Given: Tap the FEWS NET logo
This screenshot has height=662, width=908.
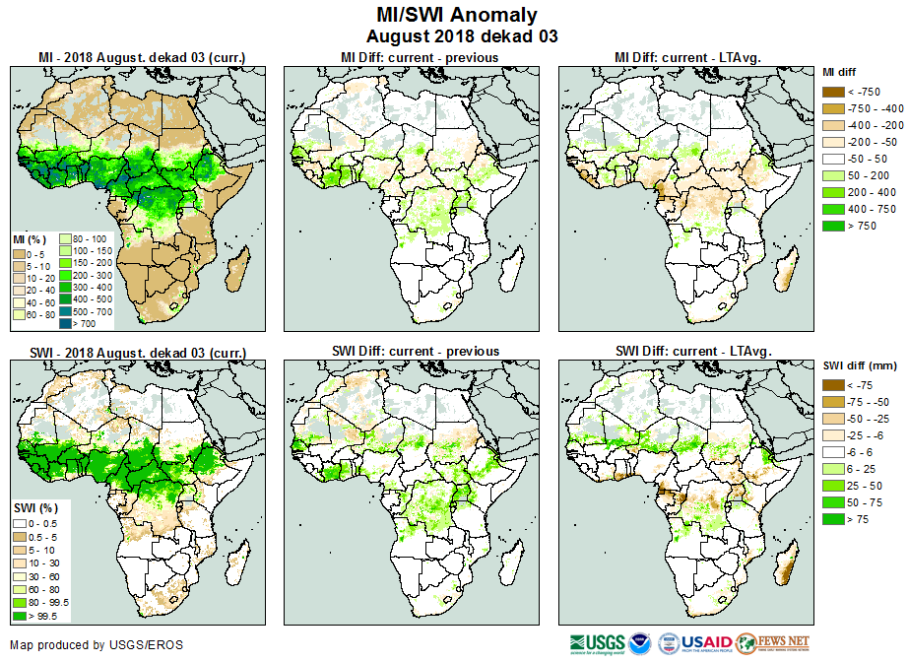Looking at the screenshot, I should click(x=773, y=643).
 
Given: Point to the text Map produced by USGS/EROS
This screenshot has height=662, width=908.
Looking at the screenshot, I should click(x=97, y=645).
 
